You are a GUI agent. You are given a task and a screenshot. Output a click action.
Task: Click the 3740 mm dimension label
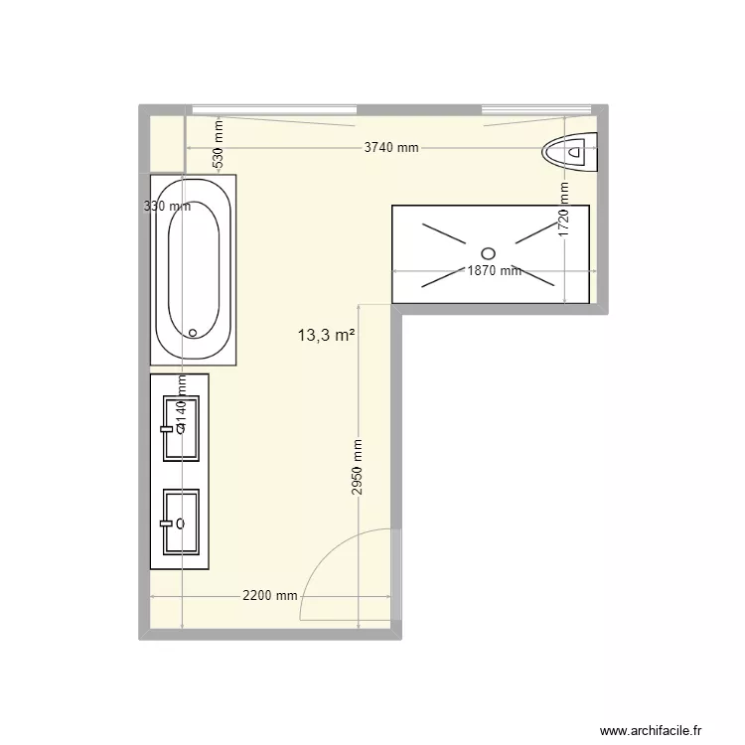pos(391,148)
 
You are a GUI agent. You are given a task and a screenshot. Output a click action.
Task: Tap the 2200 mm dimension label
pos(269,596)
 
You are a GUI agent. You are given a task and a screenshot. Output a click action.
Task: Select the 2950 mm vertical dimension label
pos(357,468)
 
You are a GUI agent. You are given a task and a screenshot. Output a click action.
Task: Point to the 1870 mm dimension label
pos(494,270)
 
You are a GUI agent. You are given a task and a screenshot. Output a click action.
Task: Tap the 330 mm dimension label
pos(167,207)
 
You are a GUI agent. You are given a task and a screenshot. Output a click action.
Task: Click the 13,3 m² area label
pos(327,336)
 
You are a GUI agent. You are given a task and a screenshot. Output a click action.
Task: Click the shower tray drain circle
pos(488,252)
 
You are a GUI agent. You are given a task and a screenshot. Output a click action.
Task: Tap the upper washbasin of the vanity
pos(182,428)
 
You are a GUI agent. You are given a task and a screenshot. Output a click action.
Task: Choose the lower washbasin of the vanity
pos(182,521)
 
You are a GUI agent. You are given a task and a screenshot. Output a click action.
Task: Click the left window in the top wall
pos(274,108)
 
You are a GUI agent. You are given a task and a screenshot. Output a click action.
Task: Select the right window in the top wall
pos(536,108)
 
